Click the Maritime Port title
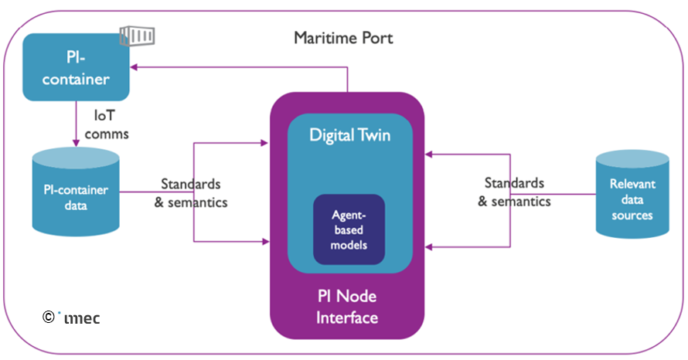(x=343, y=37)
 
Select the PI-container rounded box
(x=75, y=67)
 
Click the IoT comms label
(x=111, y=124)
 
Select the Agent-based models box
(x=349, y=229)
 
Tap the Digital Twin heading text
(x=349, y=135)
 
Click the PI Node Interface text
(x=348, y=306)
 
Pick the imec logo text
(x=82, y=317)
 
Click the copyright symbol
(x=48, y=316)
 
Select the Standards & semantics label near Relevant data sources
(x=514, y=192)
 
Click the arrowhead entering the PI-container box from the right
(x=134, y=67)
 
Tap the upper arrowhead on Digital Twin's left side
(x=264, y=142)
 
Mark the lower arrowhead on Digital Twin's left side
(x=264, y=242)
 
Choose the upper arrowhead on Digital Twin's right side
(x=430, y=155)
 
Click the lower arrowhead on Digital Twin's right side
(x=430, y=247)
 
